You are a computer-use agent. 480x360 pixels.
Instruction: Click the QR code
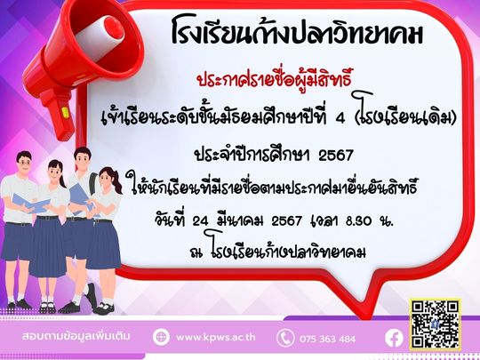(436, 324)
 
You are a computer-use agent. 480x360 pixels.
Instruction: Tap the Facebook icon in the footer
(394, 339)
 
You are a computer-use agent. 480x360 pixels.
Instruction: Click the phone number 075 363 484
(327, 339)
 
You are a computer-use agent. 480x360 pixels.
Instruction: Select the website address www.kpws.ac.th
(216, 338)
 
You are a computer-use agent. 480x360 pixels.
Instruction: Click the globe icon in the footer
(161, 337)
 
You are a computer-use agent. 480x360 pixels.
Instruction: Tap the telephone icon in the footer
(285, 338)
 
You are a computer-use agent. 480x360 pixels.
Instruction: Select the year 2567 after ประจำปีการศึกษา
(336, 156)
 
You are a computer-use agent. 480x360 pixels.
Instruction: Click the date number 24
(201, 221)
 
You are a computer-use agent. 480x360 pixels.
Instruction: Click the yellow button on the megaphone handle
(65, 112)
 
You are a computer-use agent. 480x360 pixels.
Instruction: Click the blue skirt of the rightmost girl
(104, 245)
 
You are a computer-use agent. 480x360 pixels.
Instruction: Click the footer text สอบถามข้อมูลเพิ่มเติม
(76, 336)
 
